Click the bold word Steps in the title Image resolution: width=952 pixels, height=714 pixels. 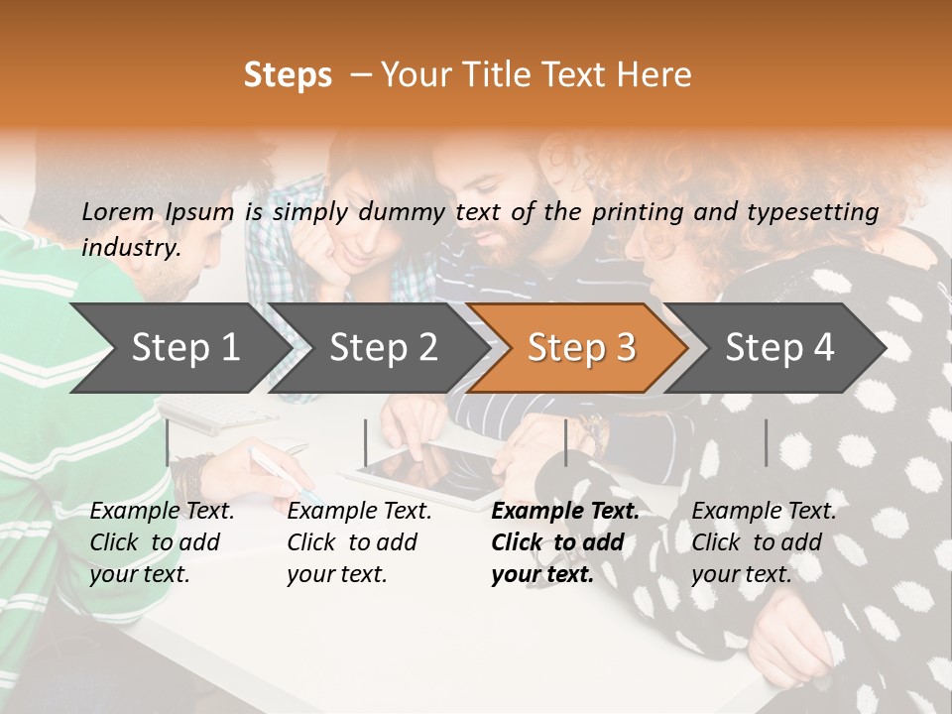pos(288,75)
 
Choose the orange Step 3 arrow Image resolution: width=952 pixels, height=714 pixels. pos(581,348)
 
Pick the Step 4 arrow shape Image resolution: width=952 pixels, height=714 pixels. pos(779,348)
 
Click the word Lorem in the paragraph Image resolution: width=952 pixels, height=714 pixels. pos(118,211)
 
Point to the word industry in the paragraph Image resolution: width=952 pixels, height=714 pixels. pos(130,247)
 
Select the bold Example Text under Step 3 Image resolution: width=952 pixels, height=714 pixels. pos(565,512)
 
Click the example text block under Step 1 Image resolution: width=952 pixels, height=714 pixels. pos(162,542)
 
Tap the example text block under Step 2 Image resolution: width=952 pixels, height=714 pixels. pos(359,542)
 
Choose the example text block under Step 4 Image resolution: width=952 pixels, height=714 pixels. pos(764,542)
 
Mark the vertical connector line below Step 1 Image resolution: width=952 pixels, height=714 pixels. pos(168,442)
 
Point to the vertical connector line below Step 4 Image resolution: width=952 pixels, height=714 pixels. pos(767,442)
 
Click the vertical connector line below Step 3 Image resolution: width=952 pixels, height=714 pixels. pos(566,442)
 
